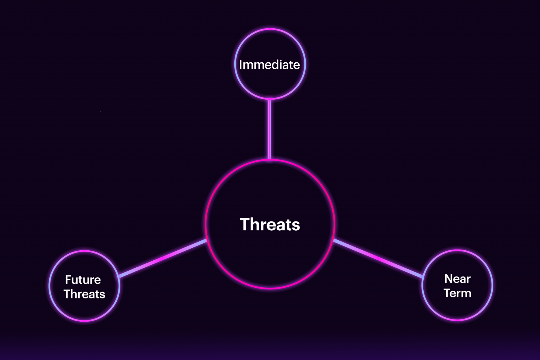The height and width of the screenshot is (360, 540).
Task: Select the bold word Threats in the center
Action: click(x=270, y=224)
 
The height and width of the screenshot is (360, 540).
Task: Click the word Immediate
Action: click(x=269, y=65)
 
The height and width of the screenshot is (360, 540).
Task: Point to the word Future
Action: click(x=83, y=280)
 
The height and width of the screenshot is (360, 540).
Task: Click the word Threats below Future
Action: click(x=85, y=294)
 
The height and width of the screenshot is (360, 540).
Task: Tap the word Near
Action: click(x=457, y=279)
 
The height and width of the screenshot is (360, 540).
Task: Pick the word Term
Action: click(x=457, y=293)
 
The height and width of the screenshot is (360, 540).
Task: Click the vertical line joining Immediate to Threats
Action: click(x=269, y=129)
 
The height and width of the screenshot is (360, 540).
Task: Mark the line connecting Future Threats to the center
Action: click(x=163, y=258)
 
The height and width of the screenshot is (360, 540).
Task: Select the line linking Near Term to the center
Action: click(x=378, y=258)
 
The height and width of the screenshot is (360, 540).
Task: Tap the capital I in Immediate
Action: click(x=240, y=65)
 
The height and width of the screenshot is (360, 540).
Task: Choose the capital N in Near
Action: click(x=448, y=279)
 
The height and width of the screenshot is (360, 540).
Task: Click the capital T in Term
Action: click(x=448, y=293)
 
